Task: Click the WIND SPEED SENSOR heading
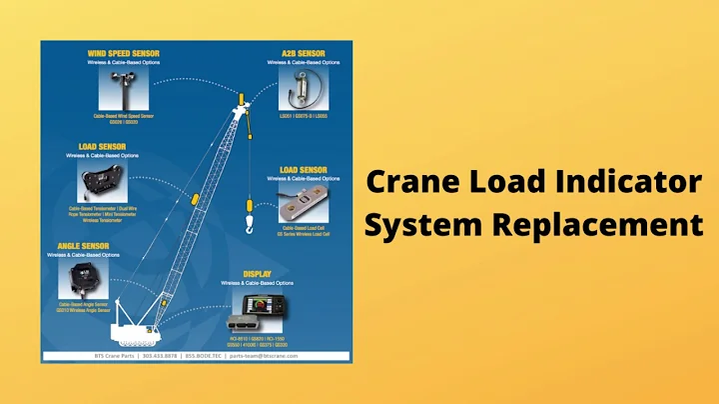(125, 53)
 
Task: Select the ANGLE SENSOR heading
(83, 245)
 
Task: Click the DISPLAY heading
(258, 272)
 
